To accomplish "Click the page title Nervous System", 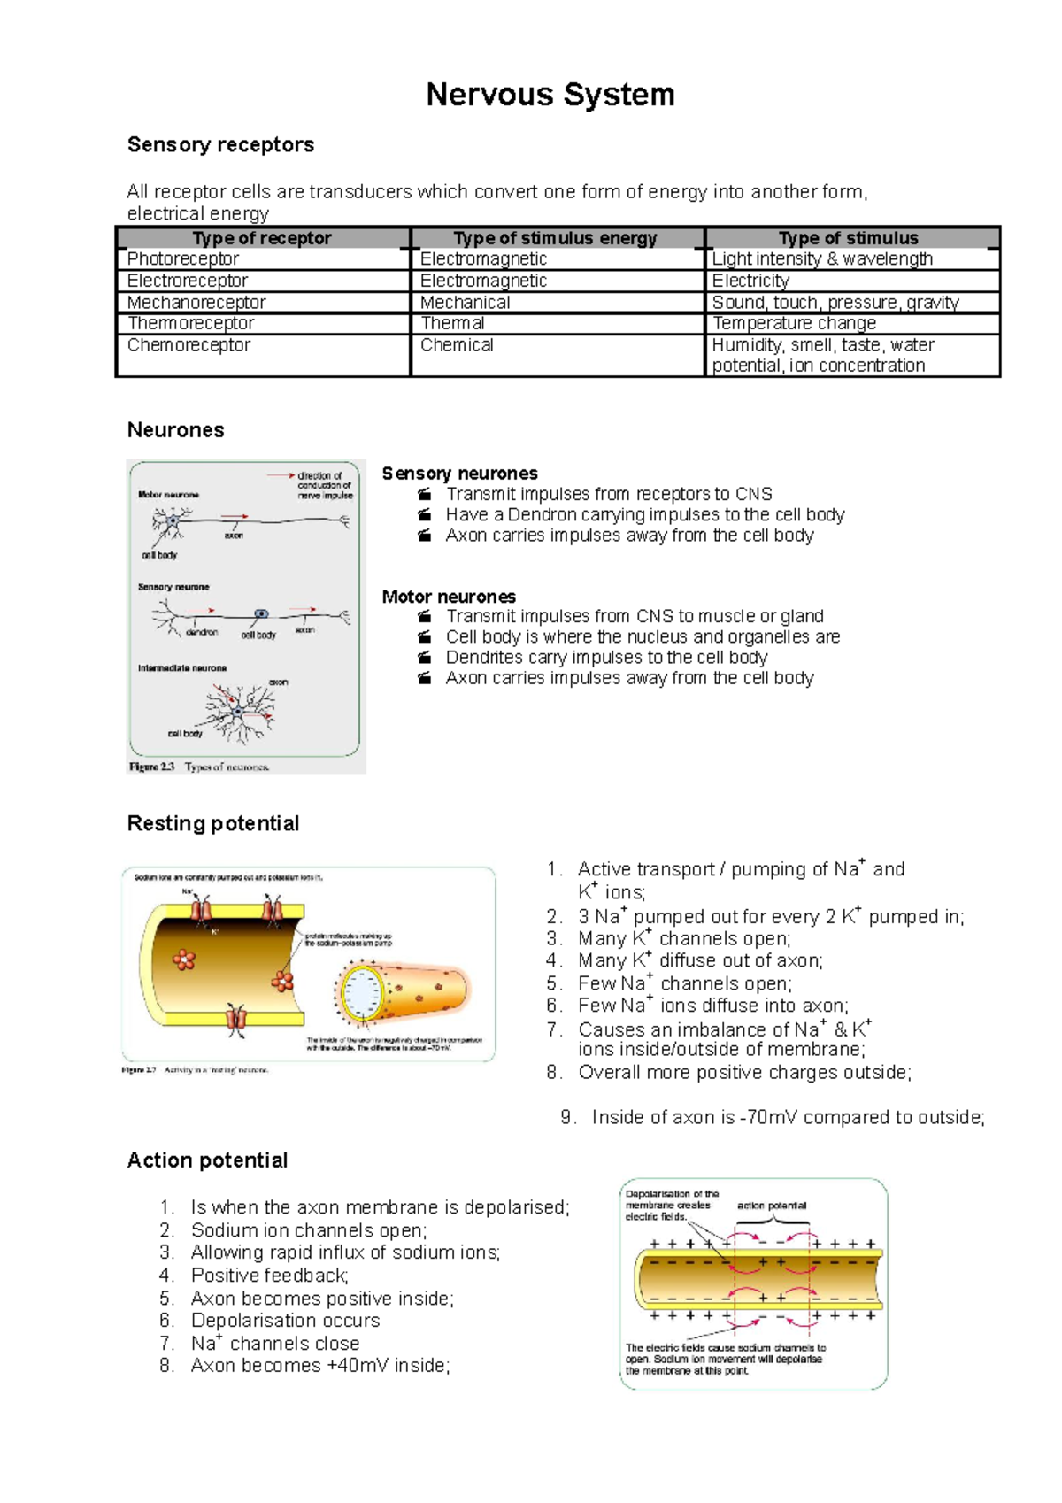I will click(x=550, y=94).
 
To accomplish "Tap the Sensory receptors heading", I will click(x=220, y=144).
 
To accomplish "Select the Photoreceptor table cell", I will click(x=183, y=258).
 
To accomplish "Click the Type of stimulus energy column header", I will click(x=555, y=238).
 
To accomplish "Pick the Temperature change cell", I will click(x=794, y=323).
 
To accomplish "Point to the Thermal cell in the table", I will click(x=452, y=323).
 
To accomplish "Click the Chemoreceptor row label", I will click(x=189, y=345).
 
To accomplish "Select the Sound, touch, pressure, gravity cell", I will click(x=835, y=302).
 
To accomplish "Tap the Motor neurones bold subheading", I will click(x=449, y=597).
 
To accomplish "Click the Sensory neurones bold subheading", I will click(x=459, y=474).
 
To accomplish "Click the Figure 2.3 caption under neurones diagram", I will click(x=199, y=767).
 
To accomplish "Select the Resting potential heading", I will click(x=213, y=823).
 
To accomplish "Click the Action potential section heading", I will click(x=207, y=1160).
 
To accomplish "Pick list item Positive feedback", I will click(x=269, y=1276).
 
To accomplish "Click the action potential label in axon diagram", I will click(x=771, y=1206).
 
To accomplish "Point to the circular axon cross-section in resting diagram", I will click(x=361, y=993).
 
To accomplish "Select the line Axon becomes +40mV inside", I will click(x=319, y=1366).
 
